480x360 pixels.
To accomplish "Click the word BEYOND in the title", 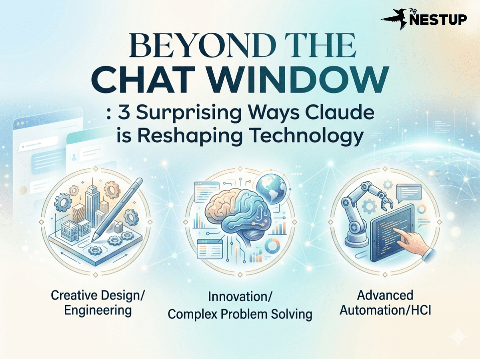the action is click(x=202, y=45).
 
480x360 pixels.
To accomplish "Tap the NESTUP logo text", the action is click(x=438, y=20).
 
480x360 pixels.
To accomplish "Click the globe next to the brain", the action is click(x=271, y=188).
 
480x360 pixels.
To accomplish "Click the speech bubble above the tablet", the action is click(x=409, y=192).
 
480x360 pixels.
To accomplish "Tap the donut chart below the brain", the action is click(x=272, y=246).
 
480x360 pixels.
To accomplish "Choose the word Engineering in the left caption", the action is click(x=98, y=311).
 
